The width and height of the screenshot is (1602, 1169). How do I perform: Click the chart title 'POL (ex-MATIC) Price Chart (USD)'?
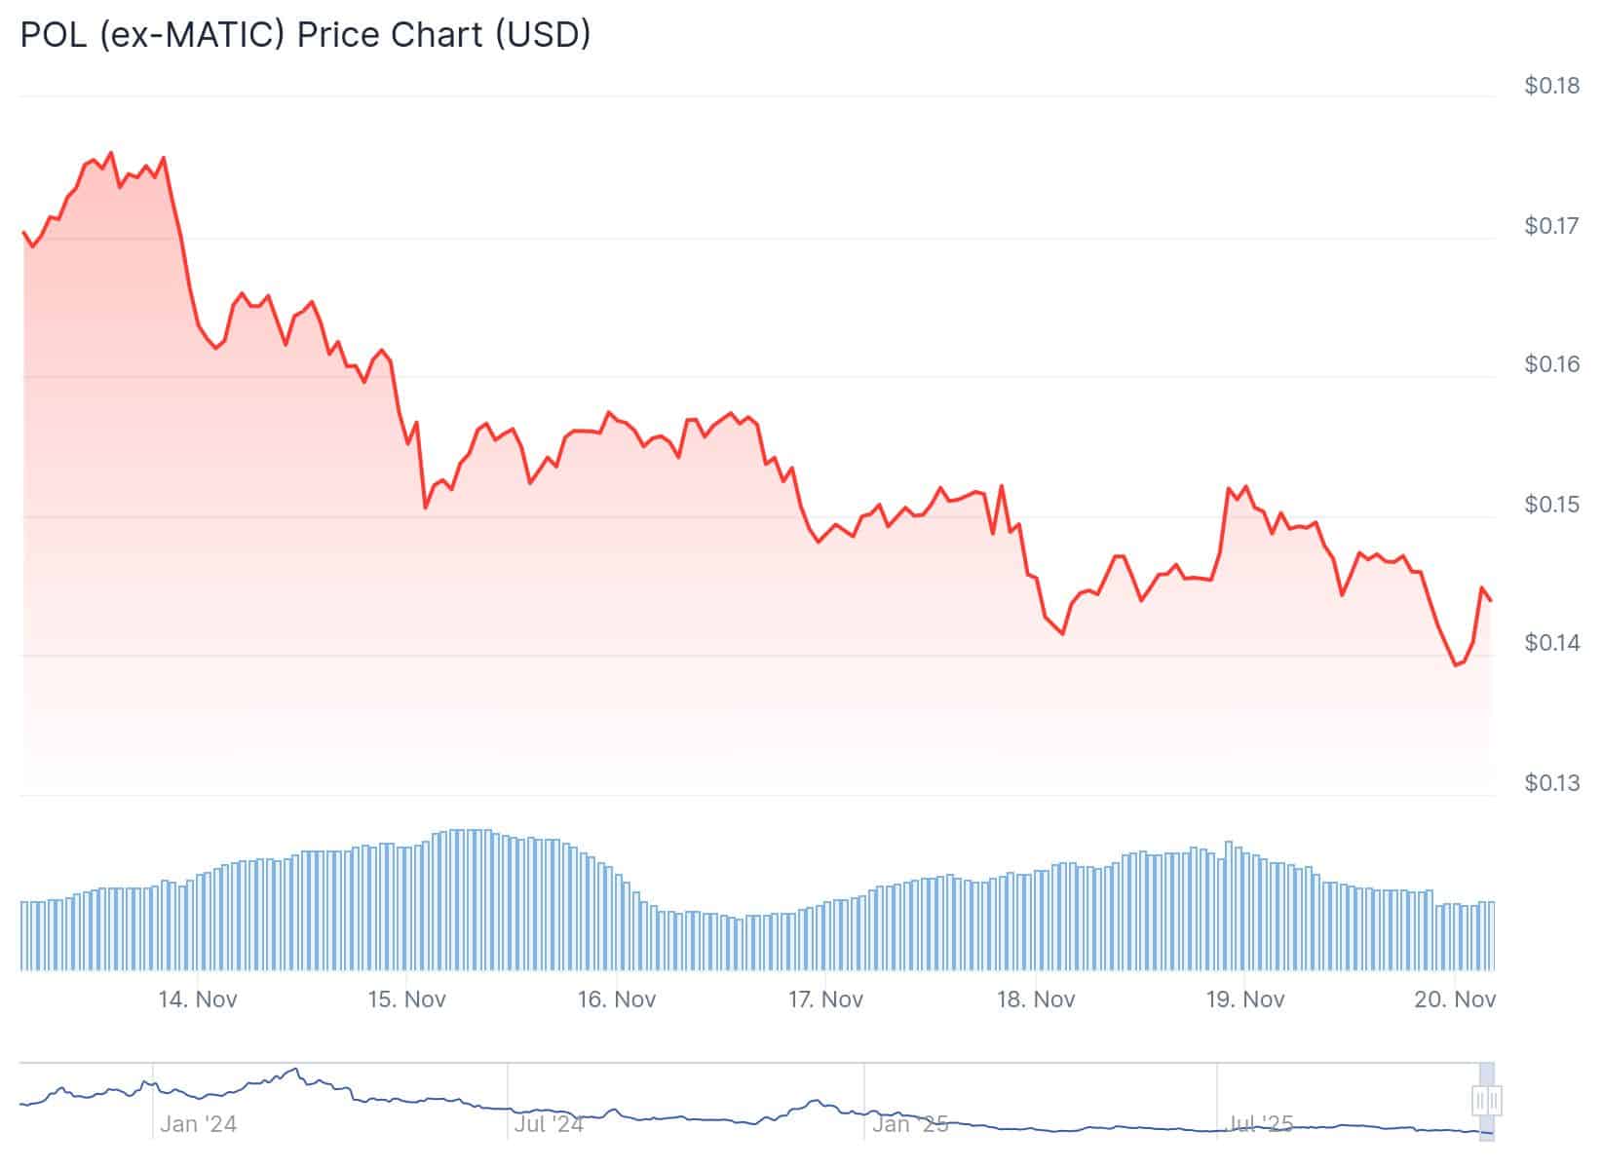305,34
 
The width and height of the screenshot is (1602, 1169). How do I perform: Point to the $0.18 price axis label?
1552,86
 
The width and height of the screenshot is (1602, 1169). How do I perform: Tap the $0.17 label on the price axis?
1552,226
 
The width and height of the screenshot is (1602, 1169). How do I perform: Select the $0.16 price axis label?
1552,364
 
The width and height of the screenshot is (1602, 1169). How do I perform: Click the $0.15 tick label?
1552,505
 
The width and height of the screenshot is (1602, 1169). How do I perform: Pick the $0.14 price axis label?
1552,643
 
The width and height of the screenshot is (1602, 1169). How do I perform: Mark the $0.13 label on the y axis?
1552,783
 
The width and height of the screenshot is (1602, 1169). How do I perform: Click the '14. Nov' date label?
198,999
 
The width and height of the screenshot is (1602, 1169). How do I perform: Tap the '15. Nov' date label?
406,999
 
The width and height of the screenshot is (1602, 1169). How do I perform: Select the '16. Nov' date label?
616,999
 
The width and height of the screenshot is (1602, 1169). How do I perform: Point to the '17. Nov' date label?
825,999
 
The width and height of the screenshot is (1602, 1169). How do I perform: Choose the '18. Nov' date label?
1035,999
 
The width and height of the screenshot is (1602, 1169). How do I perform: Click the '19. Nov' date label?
1244,999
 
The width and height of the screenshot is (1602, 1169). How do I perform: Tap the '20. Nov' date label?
1455,999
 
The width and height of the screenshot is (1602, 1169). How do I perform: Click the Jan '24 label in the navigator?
199,1124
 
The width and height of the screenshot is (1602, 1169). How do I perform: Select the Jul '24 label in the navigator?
549,1124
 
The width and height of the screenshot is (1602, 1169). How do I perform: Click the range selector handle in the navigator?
1486,1101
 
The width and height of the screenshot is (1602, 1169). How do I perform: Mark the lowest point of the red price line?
1456,665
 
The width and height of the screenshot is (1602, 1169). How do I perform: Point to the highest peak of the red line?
110,153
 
